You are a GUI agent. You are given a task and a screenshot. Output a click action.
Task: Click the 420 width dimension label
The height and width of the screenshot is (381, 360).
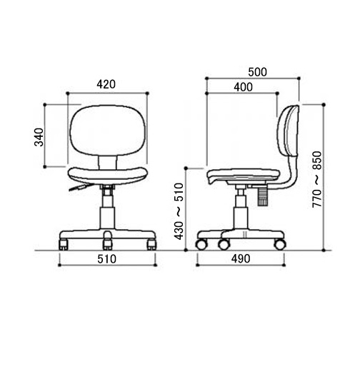coord(106,84)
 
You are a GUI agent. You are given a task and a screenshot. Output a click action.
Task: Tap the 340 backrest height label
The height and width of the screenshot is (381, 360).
coord(39,137)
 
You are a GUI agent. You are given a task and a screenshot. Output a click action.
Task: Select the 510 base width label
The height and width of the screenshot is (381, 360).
coord(106,259)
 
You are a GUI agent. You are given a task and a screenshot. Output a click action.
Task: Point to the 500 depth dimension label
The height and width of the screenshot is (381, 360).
coord(257,72)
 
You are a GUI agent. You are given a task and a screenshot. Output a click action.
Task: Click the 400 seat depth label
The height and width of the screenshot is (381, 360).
coord(244,87)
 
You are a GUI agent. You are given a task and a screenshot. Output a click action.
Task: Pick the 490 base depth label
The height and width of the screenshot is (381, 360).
coord(241,259)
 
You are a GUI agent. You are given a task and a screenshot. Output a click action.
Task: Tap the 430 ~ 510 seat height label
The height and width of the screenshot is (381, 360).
coord(179,211)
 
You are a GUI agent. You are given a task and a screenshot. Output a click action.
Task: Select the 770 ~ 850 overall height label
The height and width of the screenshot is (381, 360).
coord(317,179)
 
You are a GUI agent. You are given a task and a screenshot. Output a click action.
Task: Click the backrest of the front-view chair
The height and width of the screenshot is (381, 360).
coord(108,131)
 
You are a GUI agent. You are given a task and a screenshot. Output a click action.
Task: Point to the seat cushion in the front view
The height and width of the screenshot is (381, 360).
coord(108,176)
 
